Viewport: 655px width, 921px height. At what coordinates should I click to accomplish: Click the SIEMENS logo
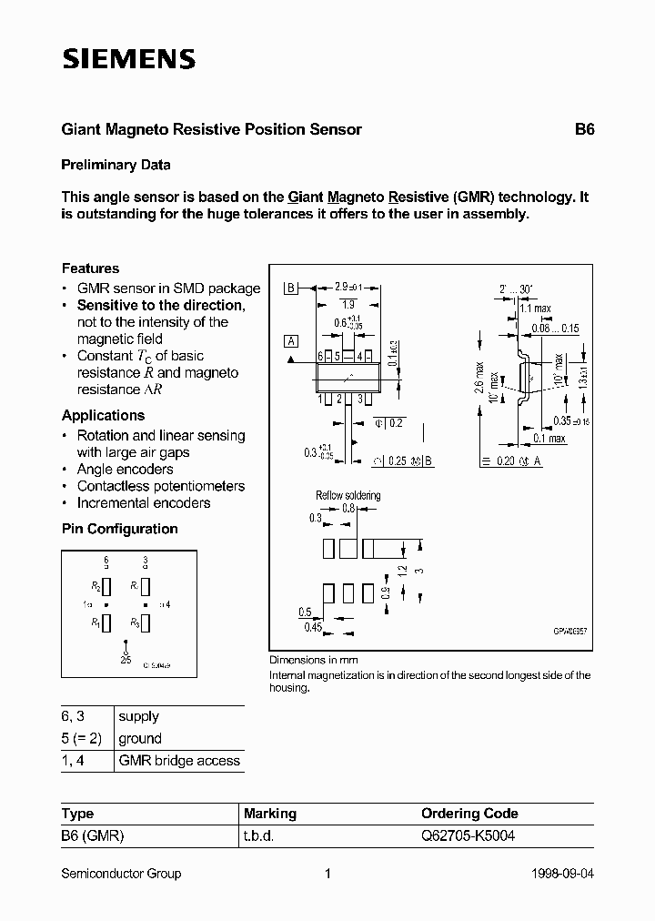tap(128, 60)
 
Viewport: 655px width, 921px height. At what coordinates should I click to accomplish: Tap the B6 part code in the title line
tap(583, 129)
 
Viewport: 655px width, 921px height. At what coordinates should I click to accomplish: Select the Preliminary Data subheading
tap(116, 166)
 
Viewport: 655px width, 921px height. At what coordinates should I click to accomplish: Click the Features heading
tap(90, 268)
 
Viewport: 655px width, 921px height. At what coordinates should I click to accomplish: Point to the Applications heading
tap(103, 416)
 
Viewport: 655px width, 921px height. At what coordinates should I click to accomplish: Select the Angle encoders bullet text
tap(125, 470)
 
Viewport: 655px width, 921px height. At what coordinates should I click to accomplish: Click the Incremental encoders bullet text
tap(143, 503)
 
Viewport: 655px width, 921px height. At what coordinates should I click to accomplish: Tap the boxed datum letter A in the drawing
tap(291, 341)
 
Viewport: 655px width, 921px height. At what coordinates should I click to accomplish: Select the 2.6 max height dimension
tap(479, 379)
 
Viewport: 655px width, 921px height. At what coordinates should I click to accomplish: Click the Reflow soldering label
tap(348, 495)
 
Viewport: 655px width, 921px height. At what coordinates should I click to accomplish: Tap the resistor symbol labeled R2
tap(106, 586)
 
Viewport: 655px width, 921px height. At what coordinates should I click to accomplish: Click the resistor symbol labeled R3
tap(146, 623)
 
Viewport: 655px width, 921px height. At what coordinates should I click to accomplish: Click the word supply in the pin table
tap(138, 717)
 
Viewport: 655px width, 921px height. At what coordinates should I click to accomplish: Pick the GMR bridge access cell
tap(179, 761)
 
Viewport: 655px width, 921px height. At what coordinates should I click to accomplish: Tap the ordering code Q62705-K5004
tap(467, 835)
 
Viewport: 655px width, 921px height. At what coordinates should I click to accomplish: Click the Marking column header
tap(269, 814)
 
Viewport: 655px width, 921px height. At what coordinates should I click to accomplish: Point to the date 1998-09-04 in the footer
tap(562, 874)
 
